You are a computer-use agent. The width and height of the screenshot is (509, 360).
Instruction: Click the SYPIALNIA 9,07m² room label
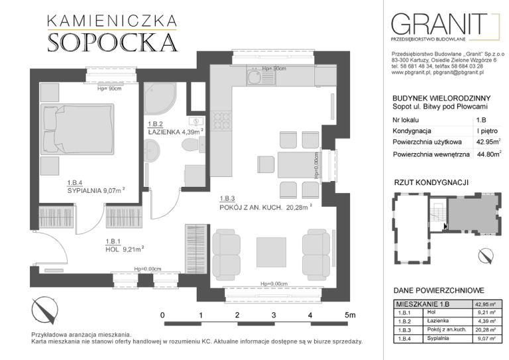click(96, 190)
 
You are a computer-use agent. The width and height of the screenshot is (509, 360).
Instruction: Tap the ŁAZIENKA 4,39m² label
click(176, 132)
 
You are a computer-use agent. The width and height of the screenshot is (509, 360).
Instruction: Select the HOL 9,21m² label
click(125, 249)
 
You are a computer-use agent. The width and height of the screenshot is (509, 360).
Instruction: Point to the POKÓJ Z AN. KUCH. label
click(251, 208)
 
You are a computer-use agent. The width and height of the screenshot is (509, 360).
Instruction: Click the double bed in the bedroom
click(78, 129)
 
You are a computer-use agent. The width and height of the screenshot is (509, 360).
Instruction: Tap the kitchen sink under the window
click(261, 77)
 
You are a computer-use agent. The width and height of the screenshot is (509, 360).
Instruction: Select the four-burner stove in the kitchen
click(221, 121)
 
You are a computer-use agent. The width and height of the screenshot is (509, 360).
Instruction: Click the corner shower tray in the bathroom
click(160, 99)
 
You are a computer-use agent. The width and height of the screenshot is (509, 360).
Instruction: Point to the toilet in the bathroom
click(194, 145)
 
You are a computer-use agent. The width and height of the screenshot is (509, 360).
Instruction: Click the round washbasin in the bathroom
click(151, 150)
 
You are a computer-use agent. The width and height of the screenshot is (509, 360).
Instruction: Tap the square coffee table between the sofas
click(271, 252)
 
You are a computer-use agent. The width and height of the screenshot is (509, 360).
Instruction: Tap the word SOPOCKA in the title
click(113, 42)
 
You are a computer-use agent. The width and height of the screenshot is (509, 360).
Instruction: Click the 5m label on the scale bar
click(350, 315)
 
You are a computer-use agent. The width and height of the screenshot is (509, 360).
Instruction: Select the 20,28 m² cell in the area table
click(485, 330)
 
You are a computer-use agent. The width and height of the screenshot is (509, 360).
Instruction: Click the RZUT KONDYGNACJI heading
click(431, 182)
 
